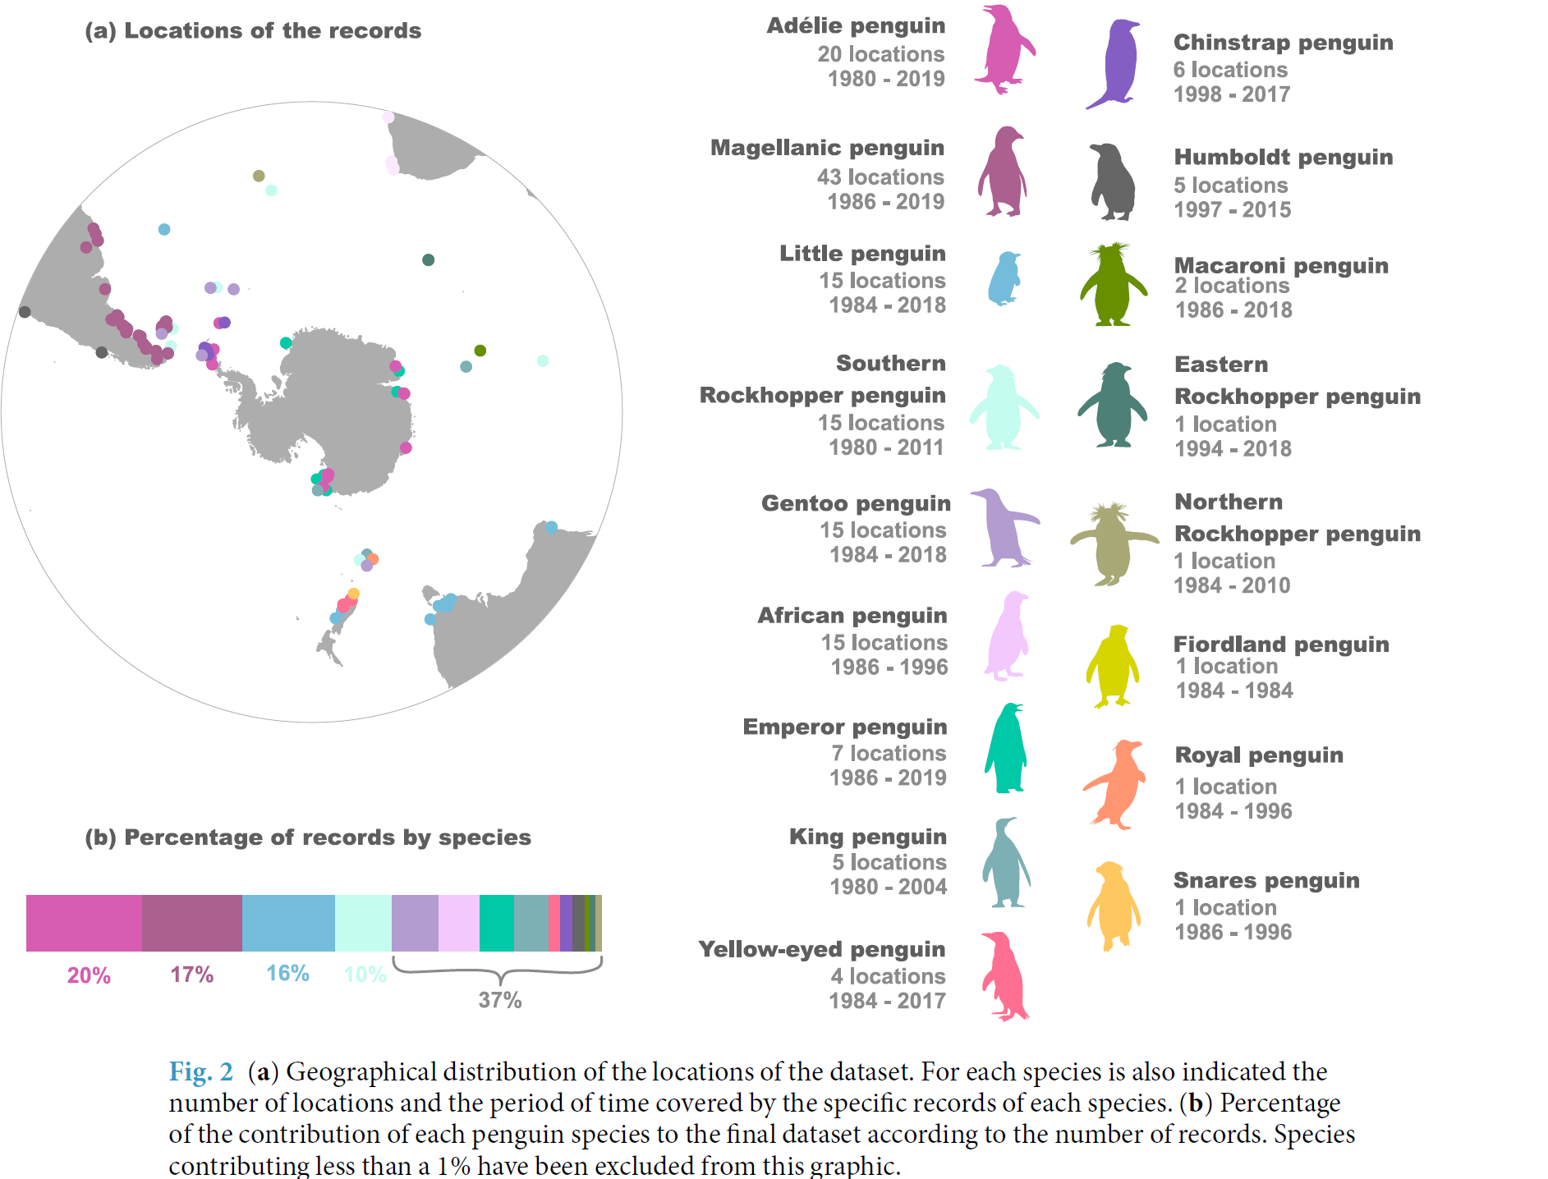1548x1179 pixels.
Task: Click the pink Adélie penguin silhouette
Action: point(1003,51)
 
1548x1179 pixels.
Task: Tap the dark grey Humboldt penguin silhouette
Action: point(1113,182)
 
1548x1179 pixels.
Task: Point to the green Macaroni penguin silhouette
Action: point(1113,287)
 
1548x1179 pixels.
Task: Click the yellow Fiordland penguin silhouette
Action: point(1113,667)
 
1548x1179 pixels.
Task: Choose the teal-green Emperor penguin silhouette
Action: point(1006,749)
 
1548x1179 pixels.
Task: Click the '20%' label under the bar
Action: point(89,975)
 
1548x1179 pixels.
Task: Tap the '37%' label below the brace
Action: point(500,1000)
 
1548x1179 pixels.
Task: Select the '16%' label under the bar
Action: point(287,974)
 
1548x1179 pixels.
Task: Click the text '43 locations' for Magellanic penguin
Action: point(880,177)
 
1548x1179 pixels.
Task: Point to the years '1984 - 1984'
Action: point(1234,690)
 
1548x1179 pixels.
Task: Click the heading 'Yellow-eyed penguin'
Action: point(822,949)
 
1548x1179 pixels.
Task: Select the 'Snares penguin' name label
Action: point(1266,880)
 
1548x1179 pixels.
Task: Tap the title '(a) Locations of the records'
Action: point(253,31)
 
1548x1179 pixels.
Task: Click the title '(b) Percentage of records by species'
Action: point(308,837)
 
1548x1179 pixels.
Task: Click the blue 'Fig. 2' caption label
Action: point(200,1072)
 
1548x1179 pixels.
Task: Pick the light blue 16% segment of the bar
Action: point(288,924)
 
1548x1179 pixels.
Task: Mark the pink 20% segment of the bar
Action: point(84,924)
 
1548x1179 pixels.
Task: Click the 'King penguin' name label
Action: point(868,837)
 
